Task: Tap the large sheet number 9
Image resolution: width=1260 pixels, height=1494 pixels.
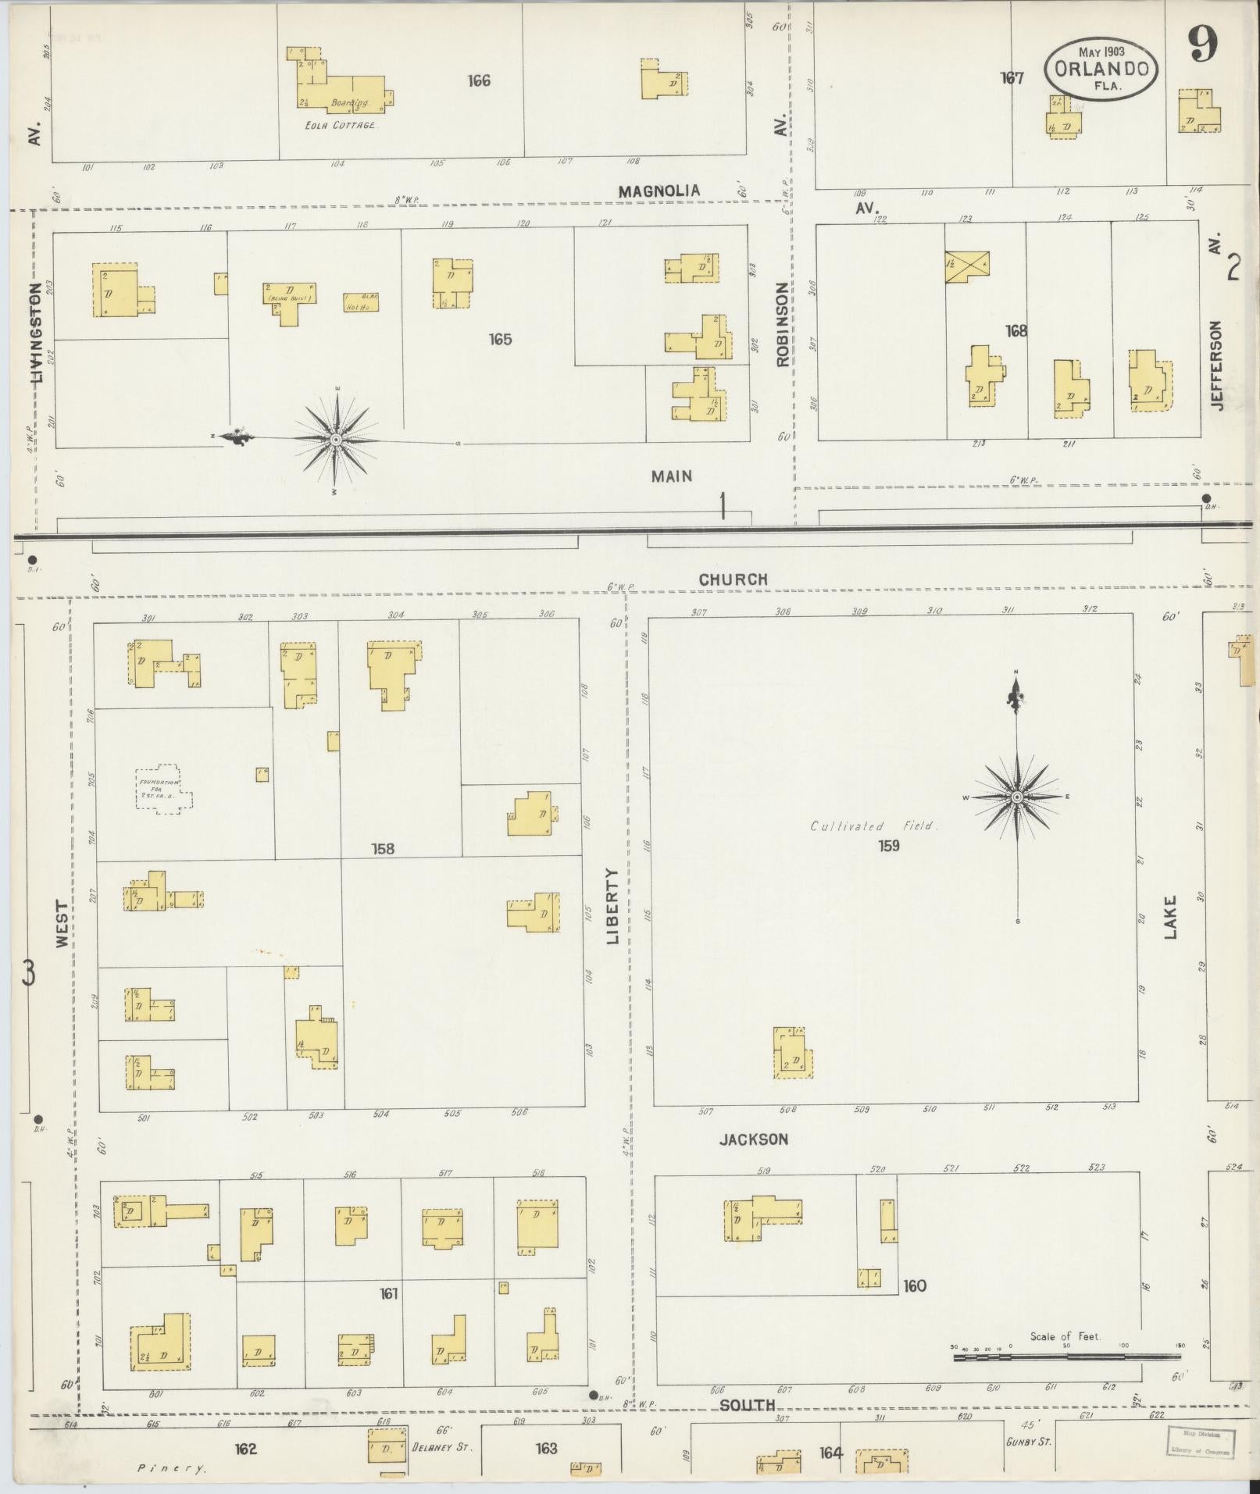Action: pos(1204,45)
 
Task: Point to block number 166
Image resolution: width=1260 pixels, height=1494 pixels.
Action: pos(479,80)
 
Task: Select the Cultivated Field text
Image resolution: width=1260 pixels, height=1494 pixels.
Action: pos(873,825)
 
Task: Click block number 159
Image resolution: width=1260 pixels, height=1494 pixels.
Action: pos(889,845)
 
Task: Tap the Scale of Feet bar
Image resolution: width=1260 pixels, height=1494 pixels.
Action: pos(1066,1357)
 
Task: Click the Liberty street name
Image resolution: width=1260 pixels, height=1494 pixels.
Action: pos(612,906)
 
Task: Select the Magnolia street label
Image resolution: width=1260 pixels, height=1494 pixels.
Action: pos(659,191)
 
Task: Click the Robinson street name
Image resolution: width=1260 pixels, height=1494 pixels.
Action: pos(783,324)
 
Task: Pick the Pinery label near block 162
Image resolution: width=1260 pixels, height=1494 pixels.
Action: pos(172,1468)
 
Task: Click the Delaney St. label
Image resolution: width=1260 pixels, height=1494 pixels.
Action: pos(441,1446)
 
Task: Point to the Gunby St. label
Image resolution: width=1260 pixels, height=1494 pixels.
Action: pos(1028,1442)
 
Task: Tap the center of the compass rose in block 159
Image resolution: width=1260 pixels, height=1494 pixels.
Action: pos(1017,797)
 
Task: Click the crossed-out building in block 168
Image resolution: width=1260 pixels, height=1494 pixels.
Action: pos(967,266)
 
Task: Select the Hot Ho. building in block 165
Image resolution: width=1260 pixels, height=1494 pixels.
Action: pos(360,302)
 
